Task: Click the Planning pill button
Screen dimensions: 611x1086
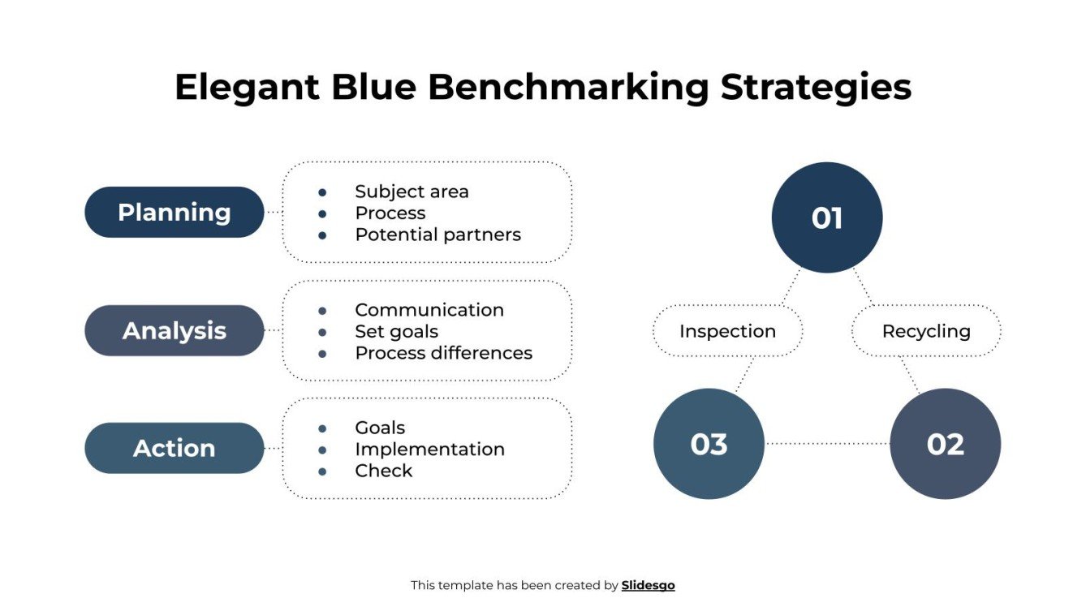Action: click(174, 213)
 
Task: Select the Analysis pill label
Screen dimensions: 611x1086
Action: click(174, 331)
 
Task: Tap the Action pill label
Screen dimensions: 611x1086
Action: click(174, 449)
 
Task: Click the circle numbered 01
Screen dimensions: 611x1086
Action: click(826, 217)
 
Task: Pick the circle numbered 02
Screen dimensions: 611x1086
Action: click(945, 444)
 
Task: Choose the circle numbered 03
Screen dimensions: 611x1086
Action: click(709, 444)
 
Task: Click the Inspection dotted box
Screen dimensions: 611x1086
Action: click(727, 331)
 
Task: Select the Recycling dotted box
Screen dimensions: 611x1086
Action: click(925, 331)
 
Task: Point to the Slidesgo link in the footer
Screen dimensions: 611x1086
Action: click(648, 585)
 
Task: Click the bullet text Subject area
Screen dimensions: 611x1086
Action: click(412, 191)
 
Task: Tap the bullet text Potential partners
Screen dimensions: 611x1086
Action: click(437, 235)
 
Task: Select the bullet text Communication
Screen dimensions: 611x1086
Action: click(429, 310)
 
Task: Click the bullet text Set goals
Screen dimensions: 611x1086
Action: click(396, 332)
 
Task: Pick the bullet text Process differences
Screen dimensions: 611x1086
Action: click(443, 353)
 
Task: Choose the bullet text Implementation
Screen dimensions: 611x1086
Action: click(429, 450)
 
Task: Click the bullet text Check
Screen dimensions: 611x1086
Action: click(383, 471)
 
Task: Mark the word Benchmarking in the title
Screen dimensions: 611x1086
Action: click(568, 88)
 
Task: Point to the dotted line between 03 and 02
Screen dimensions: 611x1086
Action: click(827, 444)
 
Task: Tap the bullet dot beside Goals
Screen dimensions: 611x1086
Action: click(322, 428)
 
